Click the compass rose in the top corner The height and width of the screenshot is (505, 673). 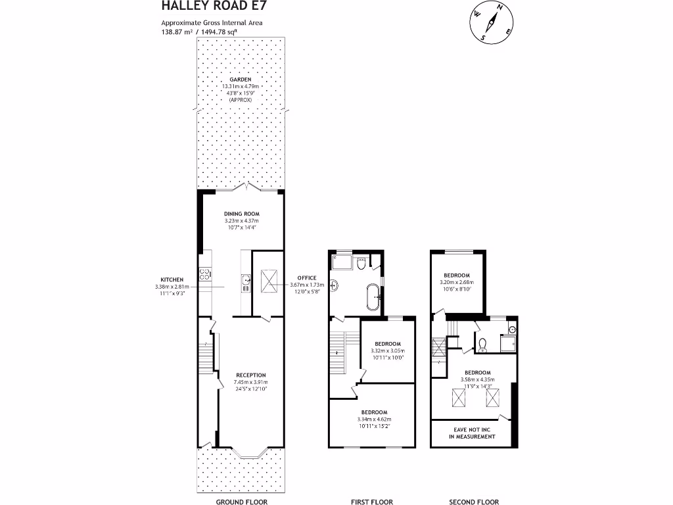pos(490,23)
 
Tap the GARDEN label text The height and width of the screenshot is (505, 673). pos(241,80)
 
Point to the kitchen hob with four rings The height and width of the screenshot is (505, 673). pos(204,276)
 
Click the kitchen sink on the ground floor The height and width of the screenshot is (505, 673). pos(246,281)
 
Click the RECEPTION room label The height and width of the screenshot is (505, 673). pos(251,375)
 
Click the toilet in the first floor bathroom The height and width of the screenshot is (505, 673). pos(360,264)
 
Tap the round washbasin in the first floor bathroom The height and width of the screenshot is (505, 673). pos(334,285)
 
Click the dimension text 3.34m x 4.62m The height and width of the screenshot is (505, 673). pos(373,419)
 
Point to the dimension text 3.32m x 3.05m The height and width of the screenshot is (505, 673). pos(388,351)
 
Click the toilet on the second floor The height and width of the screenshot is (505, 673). pos(482,344)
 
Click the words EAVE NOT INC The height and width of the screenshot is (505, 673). pos(472,429)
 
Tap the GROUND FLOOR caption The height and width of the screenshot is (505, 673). pos(241,502)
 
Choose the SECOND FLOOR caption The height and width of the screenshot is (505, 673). pos(473,502)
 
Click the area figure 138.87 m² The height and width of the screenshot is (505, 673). pos(175,31)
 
